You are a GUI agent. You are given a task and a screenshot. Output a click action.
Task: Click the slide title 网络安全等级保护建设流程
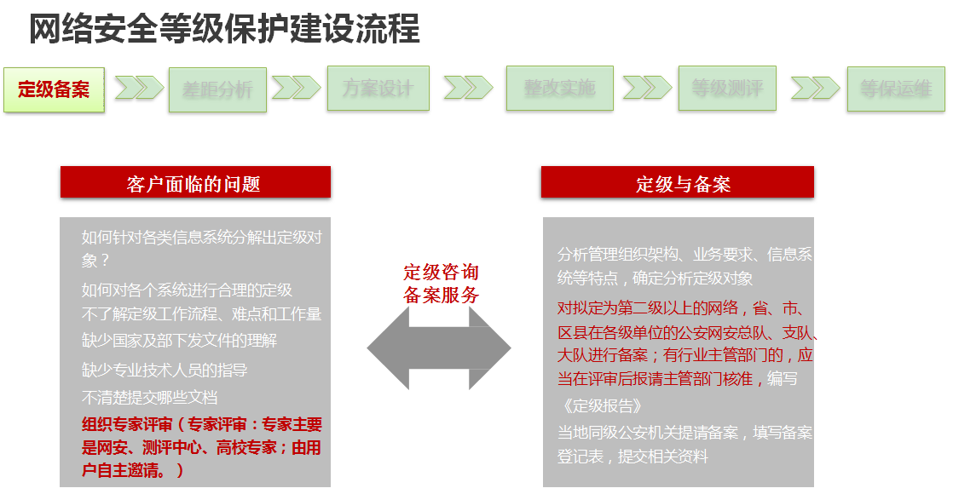(224, 29)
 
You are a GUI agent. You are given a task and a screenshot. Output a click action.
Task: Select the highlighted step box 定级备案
(54, 89)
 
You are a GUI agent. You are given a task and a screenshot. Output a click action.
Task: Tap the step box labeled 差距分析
(217, 89)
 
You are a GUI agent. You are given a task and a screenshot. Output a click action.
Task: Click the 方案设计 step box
(378, 89)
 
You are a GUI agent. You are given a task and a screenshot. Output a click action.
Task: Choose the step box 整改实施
(559, 89)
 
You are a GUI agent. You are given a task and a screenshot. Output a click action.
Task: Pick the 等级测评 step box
(727, 89)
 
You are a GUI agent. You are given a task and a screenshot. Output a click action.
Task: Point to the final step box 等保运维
(896, 89)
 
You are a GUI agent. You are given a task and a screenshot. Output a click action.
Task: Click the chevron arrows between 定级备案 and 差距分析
(138, 88)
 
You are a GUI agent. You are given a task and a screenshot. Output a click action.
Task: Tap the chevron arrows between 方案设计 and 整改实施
(468, 88)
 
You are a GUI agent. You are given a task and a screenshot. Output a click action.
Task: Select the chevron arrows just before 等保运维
(814, 88)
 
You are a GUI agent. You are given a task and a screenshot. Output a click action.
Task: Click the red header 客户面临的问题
(194, 183)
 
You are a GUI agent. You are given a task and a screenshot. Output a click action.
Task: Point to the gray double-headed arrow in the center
(439, 348)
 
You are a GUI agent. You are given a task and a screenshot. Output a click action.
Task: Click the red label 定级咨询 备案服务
(442, 284)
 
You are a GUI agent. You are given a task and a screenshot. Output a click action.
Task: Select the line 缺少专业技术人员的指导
(165, 370)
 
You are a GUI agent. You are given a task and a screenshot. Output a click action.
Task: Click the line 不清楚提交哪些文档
(150, 397)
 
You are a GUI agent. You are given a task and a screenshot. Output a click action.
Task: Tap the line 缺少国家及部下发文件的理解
(179, 341)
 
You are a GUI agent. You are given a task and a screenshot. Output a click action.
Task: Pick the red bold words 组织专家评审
(127, 425)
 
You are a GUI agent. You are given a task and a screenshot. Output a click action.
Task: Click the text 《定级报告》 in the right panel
(600, 405)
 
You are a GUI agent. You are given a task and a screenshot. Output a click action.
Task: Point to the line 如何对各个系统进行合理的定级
(187, 290)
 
